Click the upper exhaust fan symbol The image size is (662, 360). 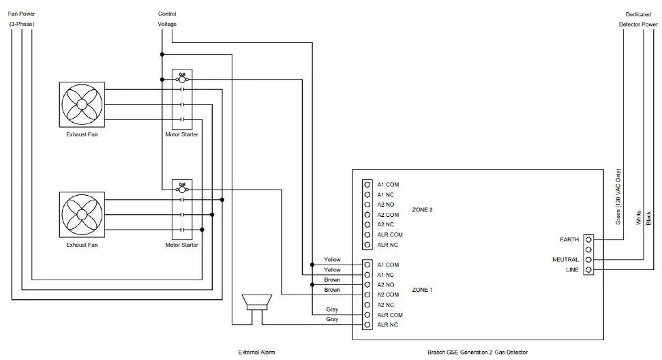[x=82, y=105]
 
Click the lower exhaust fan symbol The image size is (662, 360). [x=82, y=214]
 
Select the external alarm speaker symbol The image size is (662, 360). [x=257, y=303]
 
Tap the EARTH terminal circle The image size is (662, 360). [x=588, y=240]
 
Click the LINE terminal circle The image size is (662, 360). [x=588, y=270]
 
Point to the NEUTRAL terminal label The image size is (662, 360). [x=565, y=260]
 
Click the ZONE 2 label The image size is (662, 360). [x=423, y=209]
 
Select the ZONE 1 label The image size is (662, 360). [x=423, y=290]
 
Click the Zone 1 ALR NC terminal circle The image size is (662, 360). [x=367, y=325]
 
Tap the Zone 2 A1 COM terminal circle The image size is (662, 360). [x=367, y=184]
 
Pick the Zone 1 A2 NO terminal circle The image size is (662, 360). [x=367, y=284]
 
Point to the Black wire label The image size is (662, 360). [x=648, y=218]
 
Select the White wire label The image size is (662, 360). [x=639, y=218]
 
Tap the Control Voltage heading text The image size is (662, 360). [x=167, y=18]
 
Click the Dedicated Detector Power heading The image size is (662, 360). [x=638, y=18]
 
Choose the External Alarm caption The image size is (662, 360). [x=257, y=352]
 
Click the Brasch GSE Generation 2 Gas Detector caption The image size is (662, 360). [x=477, y=352]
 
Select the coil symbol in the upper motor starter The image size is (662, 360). [x=182, y=79]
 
